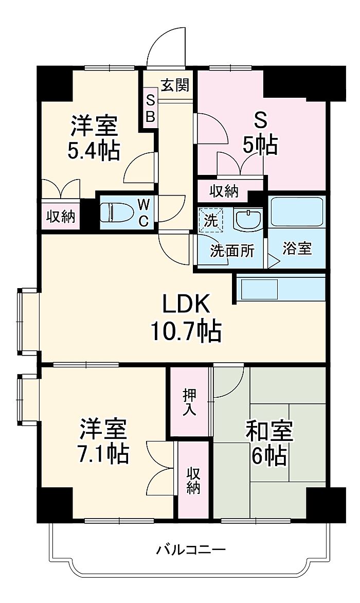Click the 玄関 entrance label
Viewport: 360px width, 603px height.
tap(175, 85)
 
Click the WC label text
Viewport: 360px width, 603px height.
tap(143, 212)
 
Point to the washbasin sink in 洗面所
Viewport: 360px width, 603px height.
tap(248, 220)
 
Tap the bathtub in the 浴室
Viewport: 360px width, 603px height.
tap(296, 212)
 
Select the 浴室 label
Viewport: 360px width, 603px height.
tap(297, 249)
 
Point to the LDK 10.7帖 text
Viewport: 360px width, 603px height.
tap(186, 317)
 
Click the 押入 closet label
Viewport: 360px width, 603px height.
tap(189, 402)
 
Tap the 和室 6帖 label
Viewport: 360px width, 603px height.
tap(269, 444)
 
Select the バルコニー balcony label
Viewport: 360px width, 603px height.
tap(191, 549)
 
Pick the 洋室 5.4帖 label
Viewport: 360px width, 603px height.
tap(94, 138)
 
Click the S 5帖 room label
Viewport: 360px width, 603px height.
tap(260, 134)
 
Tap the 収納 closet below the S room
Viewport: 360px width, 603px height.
tap(224, 191)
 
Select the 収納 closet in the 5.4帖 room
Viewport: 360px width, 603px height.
tap(61, 217)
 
